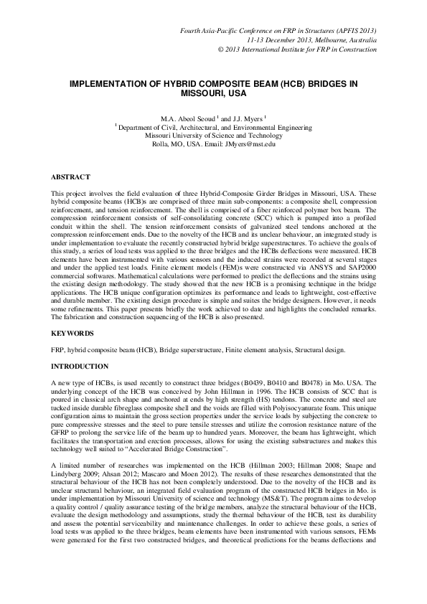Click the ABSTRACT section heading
pos(70,176)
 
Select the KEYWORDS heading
pos(72,334)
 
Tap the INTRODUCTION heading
pos(79,367)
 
